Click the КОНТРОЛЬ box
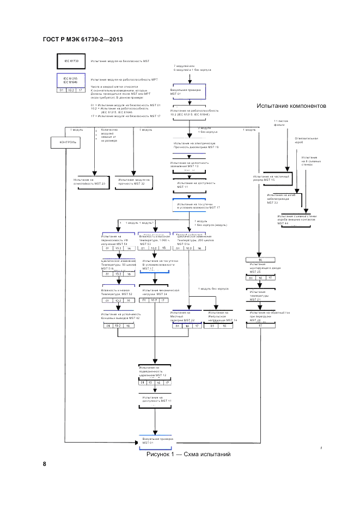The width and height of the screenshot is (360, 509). pos(67,143)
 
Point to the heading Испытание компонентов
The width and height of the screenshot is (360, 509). pos(288,106)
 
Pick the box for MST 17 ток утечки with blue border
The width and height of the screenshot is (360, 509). pos(196,206)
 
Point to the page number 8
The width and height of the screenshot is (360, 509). pos(45,464)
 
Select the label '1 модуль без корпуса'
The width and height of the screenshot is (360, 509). pos(213,289)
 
